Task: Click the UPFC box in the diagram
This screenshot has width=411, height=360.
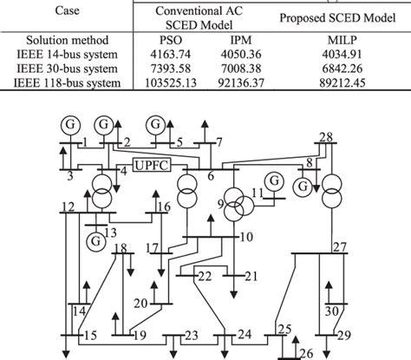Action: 154,165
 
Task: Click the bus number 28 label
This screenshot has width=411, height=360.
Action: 326,137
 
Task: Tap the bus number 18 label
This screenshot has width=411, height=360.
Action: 121,249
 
